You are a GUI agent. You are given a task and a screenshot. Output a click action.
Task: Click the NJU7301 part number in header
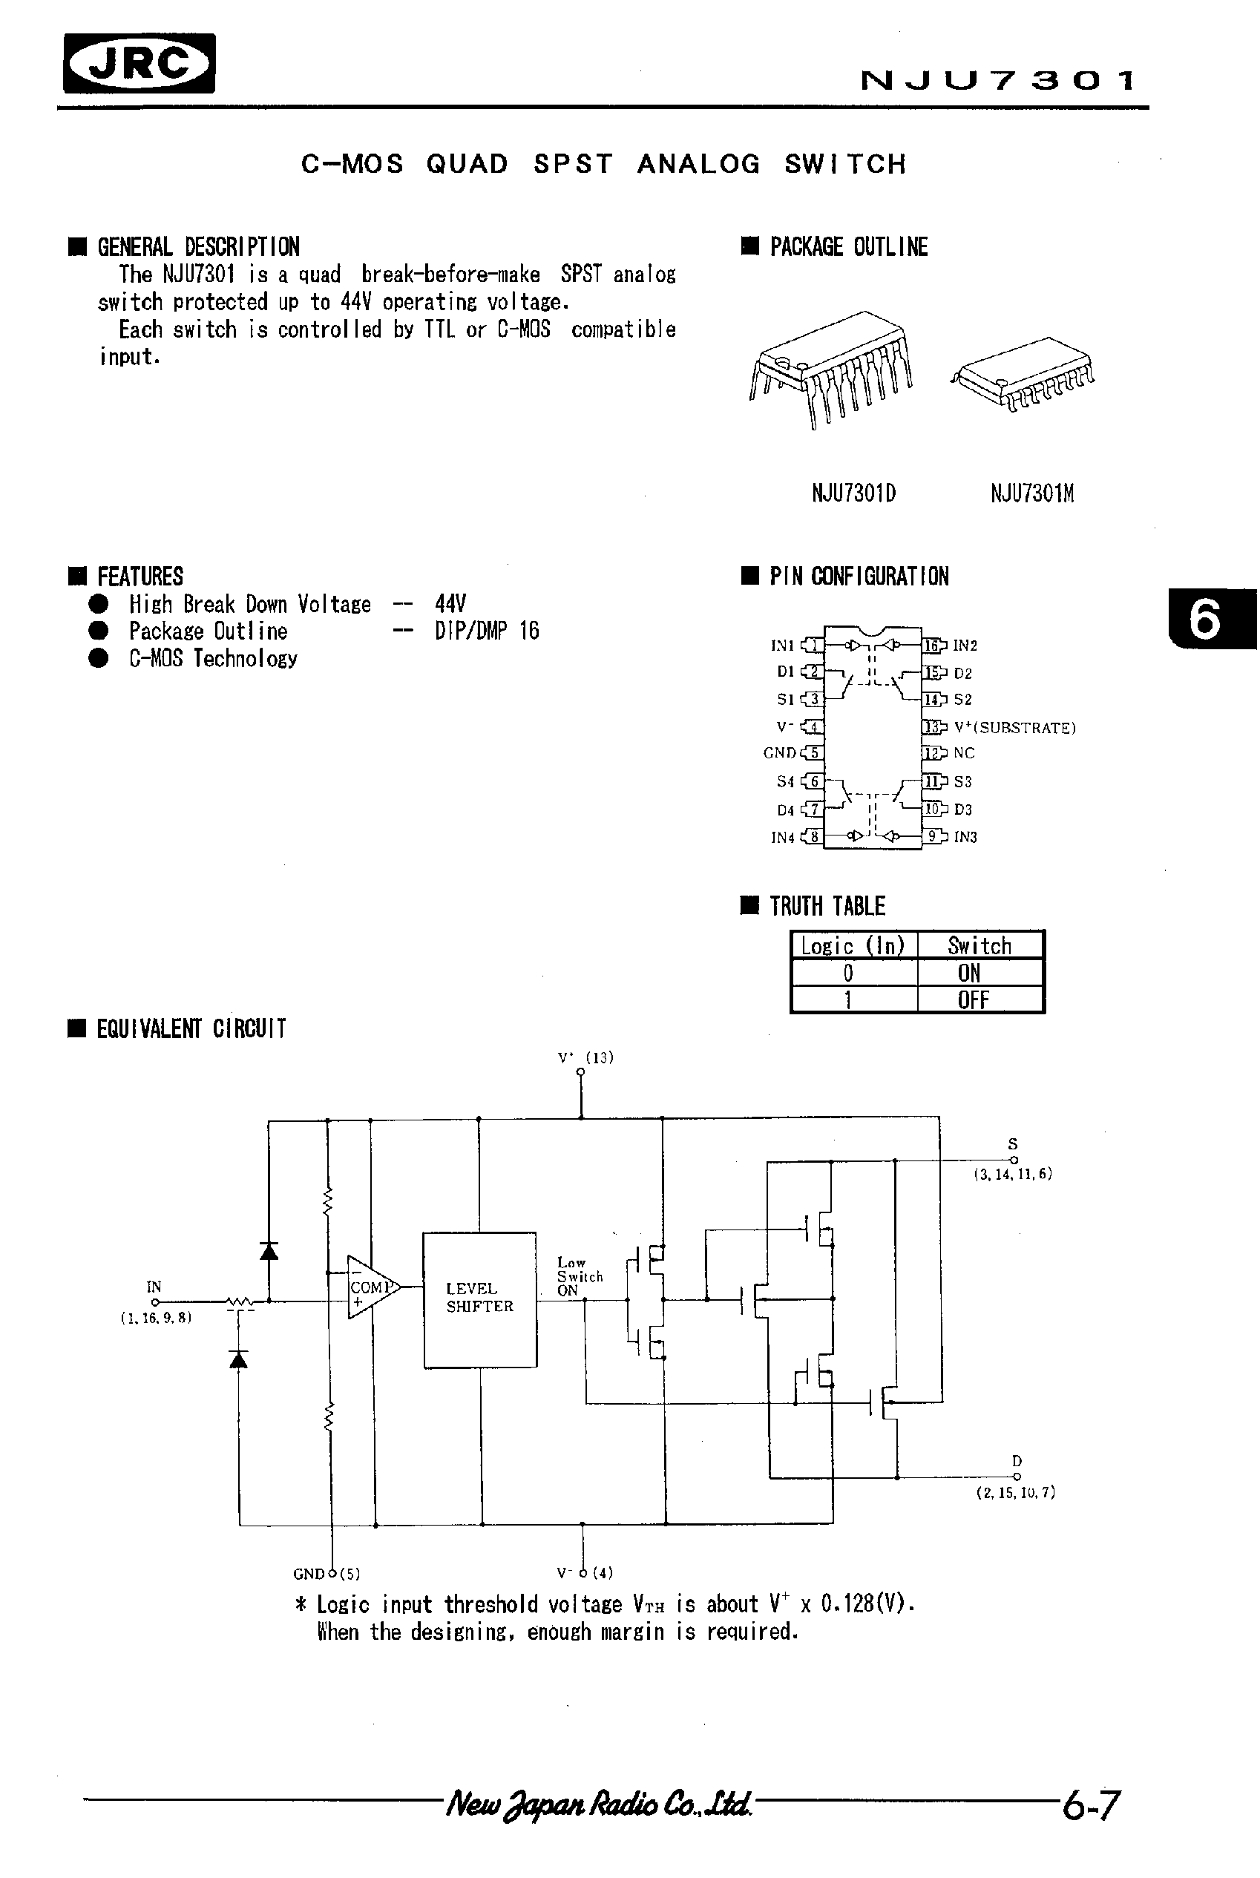[997, 80]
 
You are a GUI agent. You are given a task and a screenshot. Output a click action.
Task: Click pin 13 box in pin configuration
[932, 727]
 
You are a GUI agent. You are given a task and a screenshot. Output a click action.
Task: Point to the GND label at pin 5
[778, 753]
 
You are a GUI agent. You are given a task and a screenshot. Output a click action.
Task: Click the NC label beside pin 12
[963, 753]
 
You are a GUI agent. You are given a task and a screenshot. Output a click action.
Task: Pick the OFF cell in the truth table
[972, 1000]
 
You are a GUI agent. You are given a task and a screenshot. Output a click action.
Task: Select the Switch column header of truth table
[979, 946]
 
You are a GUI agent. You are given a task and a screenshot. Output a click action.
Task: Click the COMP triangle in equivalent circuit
[370, 1287]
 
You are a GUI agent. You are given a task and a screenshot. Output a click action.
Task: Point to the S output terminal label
[1012, 1143]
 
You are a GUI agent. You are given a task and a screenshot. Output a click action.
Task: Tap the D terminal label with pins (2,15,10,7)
[1017, 1461]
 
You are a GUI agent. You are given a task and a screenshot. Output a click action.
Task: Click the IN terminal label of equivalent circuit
[154, 1287]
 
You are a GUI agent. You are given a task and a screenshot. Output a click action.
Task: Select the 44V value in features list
[450, 604]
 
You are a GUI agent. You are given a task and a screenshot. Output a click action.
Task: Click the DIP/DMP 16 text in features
[487, 631]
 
